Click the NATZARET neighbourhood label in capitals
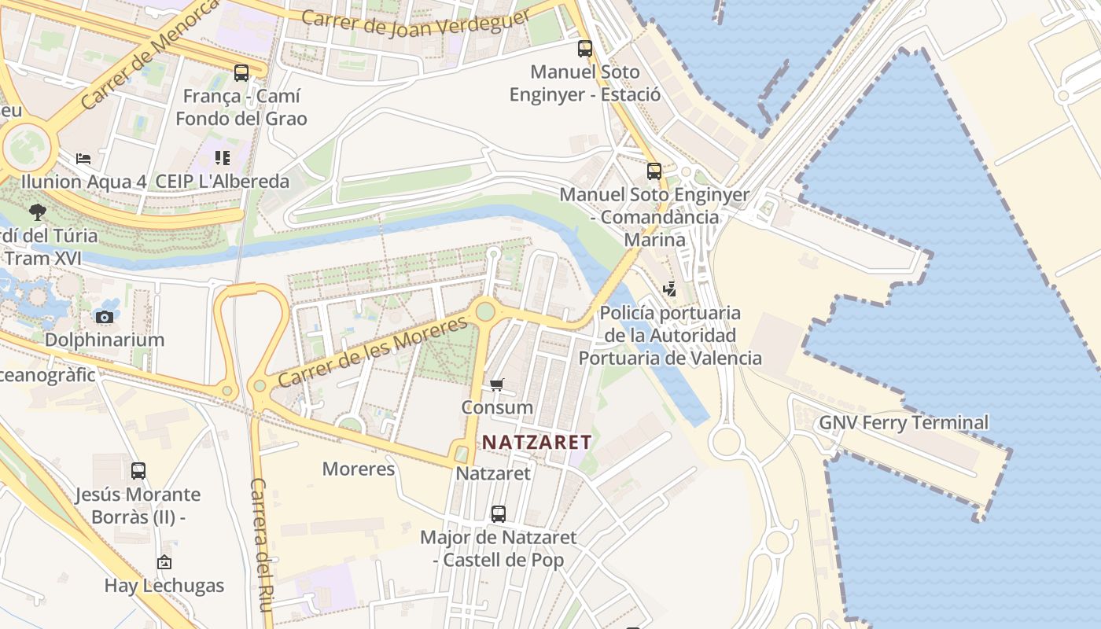point(536,442)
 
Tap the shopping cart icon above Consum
point(496,384)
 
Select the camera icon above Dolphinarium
point(105,317)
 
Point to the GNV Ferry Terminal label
point(904,422)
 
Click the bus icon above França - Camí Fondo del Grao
point(241,73)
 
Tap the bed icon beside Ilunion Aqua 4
point(83,158)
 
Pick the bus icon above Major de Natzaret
point(498,514)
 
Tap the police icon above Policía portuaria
point(669,289)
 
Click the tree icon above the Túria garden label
point(37,212)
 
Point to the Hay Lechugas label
point(164,586)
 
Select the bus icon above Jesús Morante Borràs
point(138,471)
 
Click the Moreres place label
point(359,469)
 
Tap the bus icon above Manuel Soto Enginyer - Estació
point(584,49)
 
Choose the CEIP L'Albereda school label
point(223,182)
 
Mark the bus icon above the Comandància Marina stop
point(654,171)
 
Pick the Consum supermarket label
point(497,407)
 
